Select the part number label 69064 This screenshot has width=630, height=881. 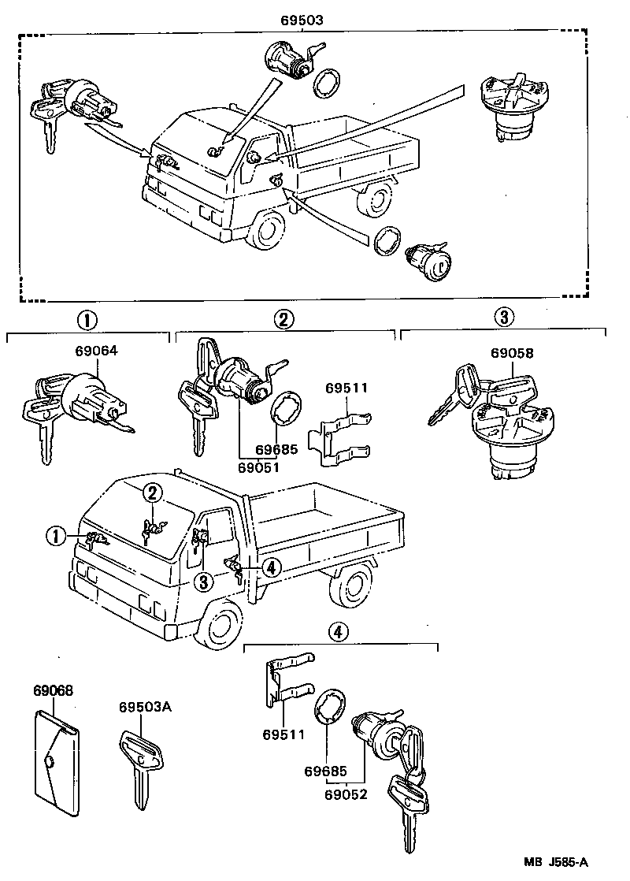[x=96, y=354]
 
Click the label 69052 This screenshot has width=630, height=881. [x=346, y=794]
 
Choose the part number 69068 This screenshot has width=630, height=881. [x=53, y=690]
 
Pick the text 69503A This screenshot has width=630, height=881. [x=145, y=706]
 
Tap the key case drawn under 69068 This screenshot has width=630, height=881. [x=57, y=762]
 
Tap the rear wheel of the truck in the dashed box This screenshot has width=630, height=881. [x=374, y=199]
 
